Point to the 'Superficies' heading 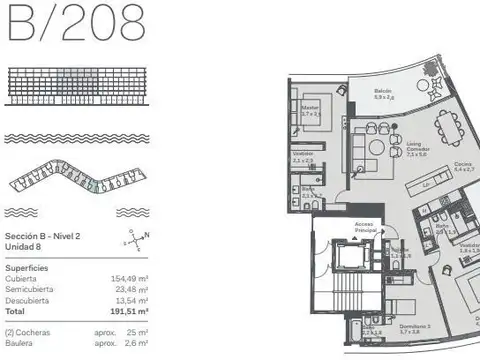tap(28, 268)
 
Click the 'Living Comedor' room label tap(417, 146)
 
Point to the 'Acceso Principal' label tap(364, 227)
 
